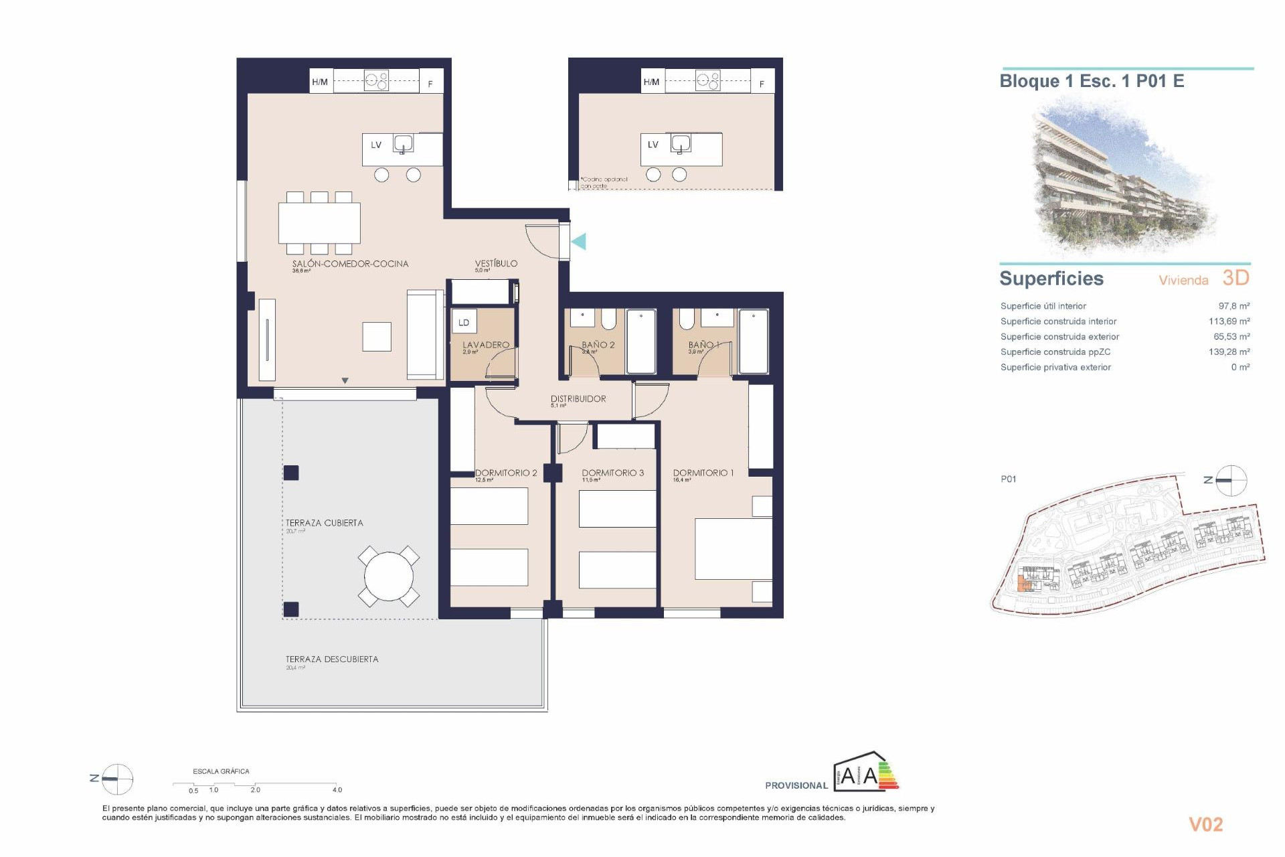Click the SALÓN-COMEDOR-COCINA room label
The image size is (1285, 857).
pos(350,264)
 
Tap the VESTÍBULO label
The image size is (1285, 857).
pos(496,263)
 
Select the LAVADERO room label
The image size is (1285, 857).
pos(486,345)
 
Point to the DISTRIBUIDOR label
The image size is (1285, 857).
pos(578,398)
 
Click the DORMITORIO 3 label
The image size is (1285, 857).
pos(612,473)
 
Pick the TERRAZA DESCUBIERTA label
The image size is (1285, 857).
pos(332,659)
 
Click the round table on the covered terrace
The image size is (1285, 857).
pos(388,576)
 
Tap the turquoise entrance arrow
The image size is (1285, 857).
pos(579,241)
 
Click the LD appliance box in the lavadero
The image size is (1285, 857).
pos(464,322)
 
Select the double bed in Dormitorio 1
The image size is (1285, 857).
pos(733,548)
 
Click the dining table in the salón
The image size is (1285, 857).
pos(319,223)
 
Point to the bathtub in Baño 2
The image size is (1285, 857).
pos(641,341)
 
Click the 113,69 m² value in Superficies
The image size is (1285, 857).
pos(1229,321)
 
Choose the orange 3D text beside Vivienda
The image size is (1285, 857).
pos(1235,278)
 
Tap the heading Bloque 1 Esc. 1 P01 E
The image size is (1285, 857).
pos(1092,82)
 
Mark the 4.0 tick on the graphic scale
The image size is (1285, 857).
pos(337,789)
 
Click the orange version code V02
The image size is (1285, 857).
pos(1205,825)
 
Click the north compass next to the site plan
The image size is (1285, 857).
pos(1230,480)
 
